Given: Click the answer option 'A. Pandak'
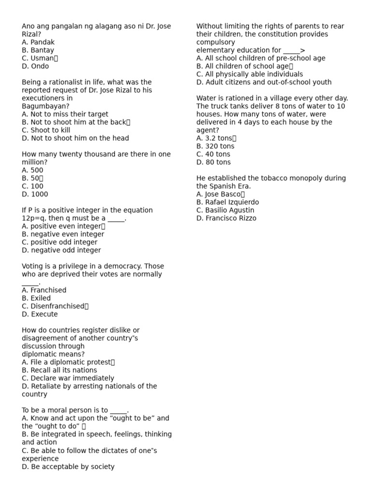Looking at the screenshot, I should (x=38, y=42).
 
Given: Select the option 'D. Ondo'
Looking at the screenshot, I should (x=35, y=66).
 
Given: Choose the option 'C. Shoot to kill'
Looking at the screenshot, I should (x=46, y=130).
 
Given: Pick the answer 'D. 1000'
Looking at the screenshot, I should (x=35, y=194).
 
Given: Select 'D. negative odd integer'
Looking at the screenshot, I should (x=61, y=250).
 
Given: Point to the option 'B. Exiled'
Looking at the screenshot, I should (x=36, y=298).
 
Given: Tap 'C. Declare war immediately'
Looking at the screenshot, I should (x=68, y=378).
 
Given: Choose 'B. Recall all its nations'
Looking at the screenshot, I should (x=59, y=370).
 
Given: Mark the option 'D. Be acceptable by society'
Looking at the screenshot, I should (x=68, y=466).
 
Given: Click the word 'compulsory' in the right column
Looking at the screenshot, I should (x=215, y=42).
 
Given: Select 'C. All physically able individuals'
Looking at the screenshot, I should (x=250, y=74).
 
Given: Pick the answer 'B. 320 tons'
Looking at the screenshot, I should (x=215, y=146).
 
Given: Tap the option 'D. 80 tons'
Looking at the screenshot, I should (x=214, y=162).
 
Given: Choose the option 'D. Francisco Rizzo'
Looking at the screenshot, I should (x=227, y=218).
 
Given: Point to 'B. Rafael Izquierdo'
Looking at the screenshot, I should (x=228, y=202).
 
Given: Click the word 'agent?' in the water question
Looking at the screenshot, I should (x=208, y=130).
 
